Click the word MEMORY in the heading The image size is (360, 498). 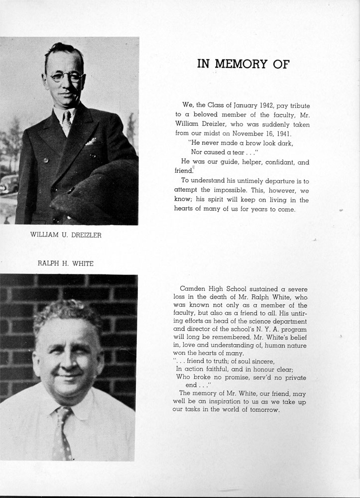(241, 64)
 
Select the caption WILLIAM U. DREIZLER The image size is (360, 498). (66, 236)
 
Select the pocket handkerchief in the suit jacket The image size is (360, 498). (91, 142)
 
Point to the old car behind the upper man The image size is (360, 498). (8, 184)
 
